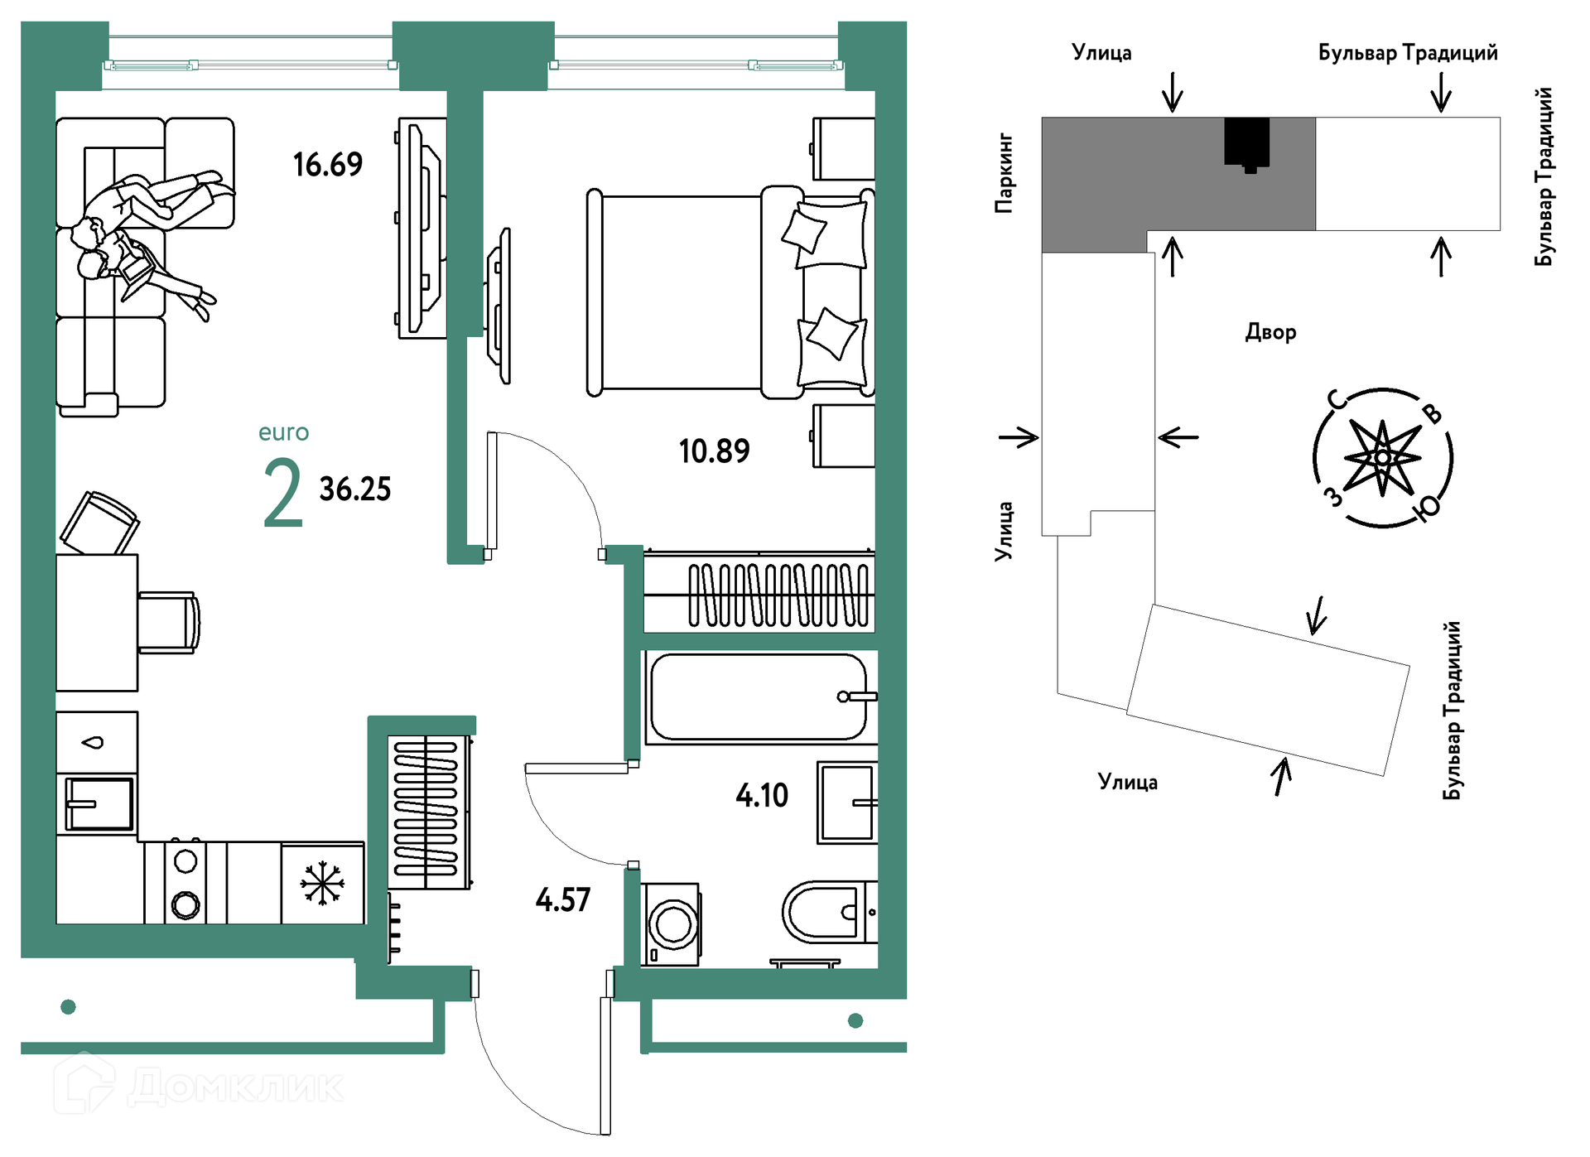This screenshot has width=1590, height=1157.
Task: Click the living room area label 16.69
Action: coord(328,165)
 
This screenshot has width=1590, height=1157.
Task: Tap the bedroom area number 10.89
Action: coord(714,451)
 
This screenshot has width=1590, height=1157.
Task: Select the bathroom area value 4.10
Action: coord(762,796)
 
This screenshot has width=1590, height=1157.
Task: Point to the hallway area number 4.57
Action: coord(563,900)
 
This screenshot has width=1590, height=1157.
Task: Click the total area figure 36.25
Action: coord(355,489)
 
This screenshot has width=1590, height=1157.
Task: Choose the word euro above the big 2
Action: coord(283,433)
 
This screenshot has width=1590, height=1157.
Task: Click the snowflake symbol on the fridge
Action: coord(322,883)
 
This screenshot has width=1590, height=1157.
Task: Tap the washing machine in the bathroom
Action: coord(672,924)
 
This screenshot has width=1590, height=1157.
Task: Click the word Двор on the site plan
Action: coord(1270,333)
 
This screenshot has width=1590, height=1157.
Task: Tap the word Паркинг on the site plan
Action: coord(1004,173)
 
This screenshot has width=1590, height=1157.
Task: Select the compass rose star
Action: coord(1382,458)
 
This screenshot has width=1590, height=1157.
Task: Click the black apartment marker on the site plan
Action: coord(1247,145)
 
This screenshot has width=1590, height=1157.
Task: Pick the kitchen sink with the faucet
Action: coord(99,804)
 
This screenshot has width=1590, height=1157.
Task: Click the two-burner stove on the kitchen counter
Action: coord(185,883)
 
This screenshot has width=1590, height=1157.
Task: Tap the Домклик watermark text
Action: coord(236,1087)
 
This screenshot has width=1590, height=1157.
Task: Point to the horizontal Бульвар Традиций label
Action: coord(1408,53)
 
